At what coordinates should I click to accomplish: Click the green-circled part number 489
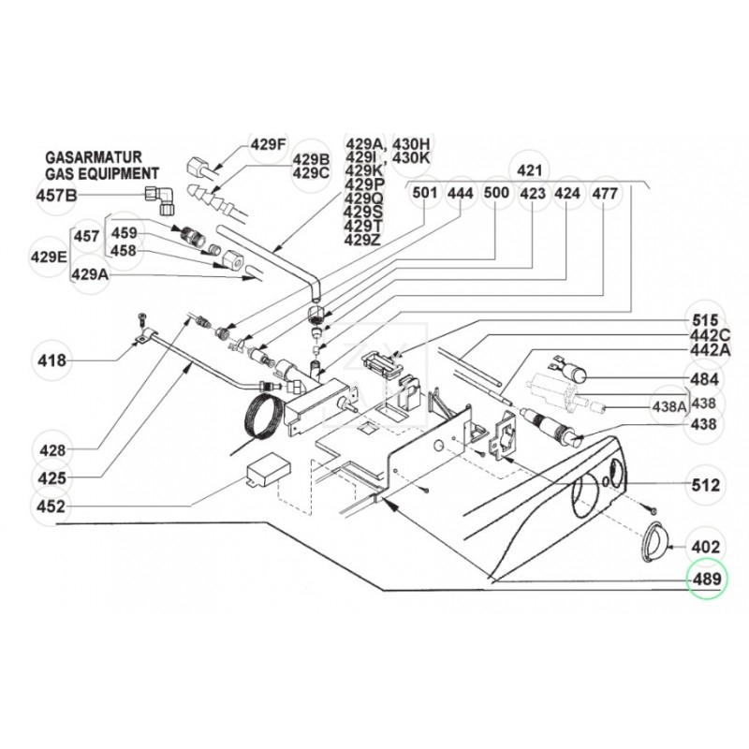pyautogui.click(x=707, y=579)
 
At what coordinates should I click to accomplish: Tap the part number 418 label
pyautogui.click(x=51, y=360)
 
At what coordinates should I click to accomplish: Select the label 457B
pyautogui.click(x=57, y=196)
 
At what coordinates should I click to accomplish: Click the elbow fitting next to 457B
pyautogui.click(x=161, y=199)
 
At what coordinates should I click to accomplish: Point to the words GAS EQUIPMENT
pyautogui.click(x=102, y=173)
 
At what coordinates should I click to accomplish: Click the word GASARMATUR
pyautogui.click(x=94, y=157)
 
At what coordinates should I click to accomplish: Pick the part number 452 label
pyautogui.click(x=51, y=506)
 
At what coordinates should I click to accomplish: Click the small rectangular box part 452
pyautogui.click(x=269, y=470)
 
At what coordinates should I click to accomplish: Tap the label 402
pyautogui.click(x=706, y=547)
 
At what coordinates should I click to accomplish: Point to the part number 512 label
pyautogui.click(x=706, y=485)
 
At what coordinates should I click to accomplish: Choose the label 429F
pyautogui.click(x=269, y=144)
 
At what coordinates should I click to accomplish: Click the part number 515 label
pyautogui.click(x=704, y=319)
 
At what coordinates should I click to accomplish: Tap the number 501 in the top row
pyautogui.click(x=425, y=193)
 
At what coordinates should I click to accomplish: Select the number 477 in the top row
pyautogui.click(x=605, y=194)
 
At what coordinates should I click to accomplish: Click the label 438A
pyautogui.click(x=668, y=406)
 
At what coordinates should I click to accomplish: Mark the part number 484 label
pyautogui.click(x=705, y=379)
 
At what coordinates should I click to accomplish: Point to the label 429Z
pyautogui.click(x=362, y=240)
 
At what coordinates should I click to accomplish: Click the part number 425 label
pyautogui.click(x=51, y=477)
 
